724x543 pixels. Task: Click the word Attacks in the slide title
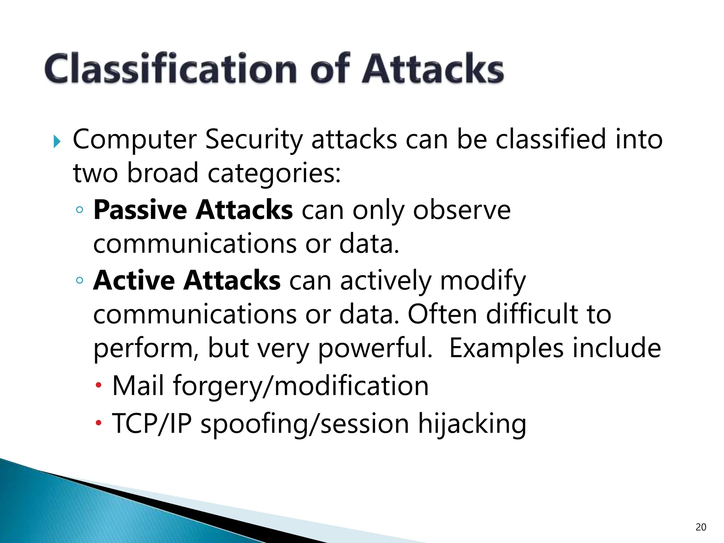433,69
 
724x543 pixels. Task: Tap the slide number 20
701,527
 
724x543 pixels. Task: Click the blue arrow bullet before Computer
57,142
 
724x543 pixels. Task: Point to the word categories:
274,174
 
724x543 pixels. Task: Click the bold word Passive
140,210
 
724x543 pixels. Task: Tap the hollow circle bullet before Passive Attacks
80,210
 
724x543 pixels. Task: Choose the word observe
462,210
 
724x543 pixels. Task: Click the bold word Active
134,280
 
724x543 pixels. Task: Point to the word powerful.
375,349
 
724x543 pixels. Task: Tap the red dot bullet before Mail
99,385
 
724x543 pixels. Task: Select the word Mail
138,385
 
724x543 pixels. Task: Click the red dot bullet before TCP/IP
99,422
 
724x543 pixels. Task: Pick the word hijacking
472,424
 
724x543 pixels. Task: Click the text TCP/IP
152,423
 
